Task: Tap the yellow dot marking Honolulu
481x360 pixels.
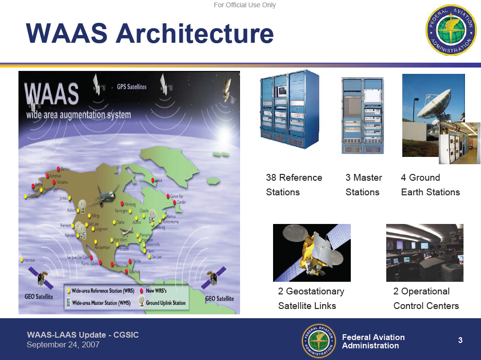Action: coord(22,260)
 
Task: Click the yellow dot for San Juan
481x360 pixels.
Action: coord(149,257)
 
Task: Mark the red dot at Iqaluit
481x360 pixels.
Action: coord(154,180)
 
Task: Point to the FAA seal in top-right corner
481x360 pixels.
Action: coord(450,30)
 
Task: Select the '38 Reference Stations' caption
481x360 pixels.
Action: coord(293,185)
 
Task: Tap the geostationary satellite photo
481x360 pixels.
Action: coord(311,253)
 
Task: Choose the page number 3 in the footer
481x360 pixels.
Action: coord(460,341)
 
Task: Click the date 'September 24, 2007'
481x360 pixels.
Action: coord(63,344)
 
